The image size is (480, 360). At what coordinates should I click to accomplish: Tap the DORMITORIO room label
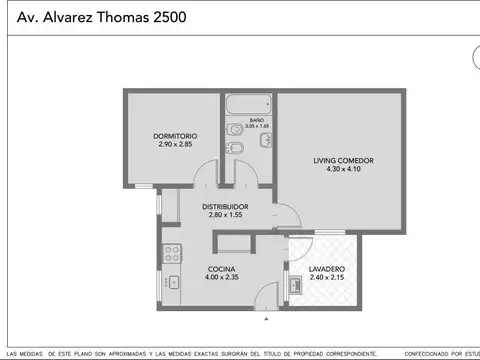coord(175,135)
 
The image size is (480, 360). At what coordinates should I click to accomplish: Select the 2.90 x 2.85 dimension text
coord(175,144)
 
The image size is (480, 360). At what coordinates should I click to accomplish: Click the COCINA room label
coord(221,269)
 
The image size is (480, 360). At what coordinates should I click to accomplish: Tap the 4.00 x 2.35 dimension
coord(221,278)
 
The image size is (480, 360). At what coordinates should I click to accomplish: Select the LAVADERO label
coord(327,269)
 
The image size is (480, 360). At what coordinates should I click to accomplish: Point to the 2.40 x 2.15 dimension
coord(327,278)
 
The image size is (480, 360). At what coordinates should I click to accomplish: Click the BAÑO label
coord(256,119)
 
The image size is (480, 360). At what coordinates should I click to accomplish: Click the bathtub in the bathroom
coord(248,105)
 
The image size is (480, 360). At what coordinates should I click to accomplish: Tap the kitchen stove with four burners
coord(171,253)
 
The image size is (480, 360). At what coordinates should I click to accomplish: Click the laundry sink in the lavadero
coord(295,287)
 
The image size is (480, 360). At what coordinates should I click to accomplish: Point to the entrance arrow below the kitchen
coord(266,320)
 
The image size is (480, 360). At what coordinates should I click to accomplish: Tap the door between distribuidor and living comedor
coord(280,214)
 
